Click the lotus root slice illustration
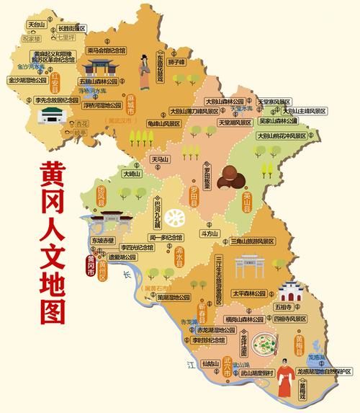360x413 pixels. pyautogui.click(x=174, y=218)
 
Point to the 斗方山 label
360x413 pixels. pyautogui.click(x=209, y=233)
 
